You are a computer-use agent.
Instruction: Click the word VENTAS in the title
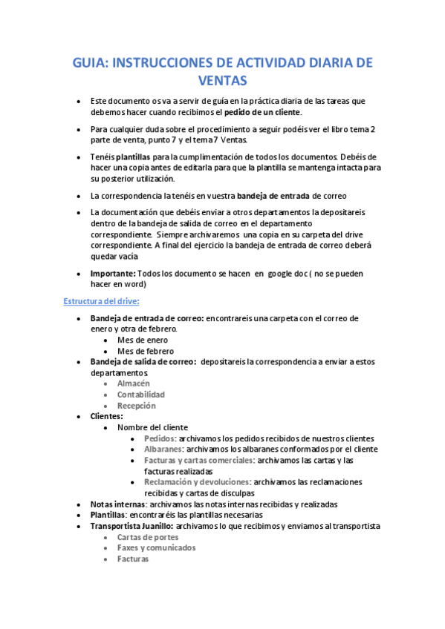point(222,79)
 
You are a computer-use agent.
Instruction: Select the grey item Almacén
point(134,383)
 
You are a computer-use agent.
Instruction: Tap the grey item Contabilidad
point(141,395)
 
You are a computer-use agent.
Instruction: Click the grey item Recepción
point(136,406)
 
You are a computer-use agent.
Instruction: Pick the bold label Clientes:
point(106,417)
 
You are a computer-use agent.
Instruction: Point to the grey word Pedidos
point(160,438)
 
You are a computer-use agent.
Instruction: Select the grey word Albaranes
point(163,449)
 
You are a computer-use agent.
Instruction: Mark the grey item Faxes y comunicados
point(156,548)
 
